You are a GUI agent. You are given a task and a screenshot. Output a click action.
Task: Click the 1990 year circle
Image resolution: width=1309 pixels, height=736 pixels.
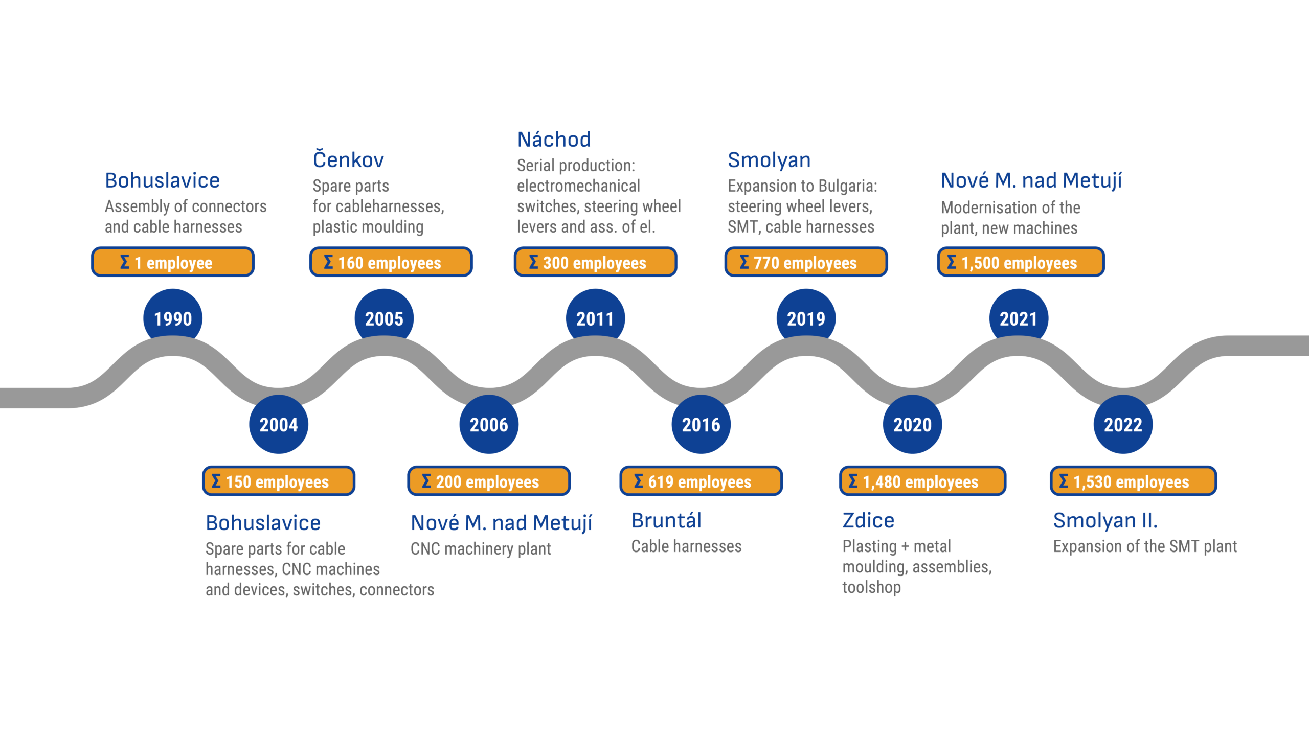[173, 318]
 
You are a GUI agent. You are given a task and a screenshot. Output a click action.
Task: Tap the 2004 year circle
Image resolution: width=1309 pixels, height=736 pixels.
[279, 424]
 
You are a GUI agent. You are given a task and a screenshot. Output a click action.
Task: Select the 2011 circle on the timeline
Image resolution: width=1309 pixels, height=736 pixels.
[595, 318]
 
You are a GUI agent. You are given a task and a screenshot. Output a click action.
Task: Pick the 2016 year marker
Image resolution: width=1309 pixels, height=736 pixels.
[701, 424]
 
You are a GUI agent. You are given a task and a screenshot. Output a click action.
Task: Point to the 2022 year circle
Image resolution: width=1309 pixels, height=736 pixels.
[1123, 424]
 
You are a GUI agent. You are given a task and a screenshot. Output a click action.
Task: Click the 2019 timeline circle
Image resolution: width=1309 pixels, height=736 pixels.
[806, 318]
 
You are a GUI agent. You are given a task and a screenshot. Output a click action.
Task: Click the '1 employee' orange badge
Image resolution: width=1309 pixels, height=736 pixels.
[173, 262]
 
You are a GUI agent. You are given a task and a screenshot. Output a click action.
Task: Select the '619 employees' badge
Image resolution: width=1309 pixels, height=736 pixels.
[701, 481]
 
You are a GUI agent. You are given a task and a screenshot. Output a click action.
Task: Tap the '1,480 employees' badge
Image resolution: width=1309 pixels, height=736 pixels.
[922, 481]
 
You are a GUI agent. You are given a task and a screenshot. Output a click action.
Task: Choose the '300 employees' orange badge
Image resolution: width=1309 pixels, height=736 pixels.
[595, 262]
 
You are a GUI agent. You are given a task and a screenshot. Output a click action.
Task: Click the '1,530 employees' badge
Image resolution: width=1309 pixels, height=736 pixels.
[1133, 481]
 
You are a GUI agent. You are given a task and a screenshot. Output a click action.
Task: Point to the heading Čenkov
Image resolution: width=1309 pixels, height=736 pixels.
[348, 160]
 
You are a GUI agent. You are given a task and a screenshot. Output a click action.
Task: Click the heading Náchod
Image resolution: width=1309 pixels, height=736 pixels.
[554, 140]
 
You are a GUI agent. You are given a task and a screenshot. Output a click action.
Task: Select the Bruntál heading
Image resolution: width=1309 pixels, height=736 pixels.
[666, 521]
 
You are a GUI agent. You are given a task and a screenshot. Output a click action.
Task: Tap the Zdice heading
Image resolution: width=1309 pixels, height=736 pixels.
[868, 521]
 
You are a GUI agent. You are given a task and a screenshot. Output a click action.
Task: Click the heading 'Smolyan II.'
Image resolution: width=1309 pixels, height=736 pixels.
[1105, 521]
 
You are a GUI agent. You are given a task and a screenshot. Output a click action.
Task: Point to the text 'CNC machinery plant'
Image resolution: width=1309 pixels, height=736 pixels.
[481, 549]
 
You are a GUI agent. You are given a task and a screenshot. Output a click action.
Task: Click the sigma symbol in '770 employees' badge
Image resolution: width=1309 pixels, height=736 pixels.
[744, 262]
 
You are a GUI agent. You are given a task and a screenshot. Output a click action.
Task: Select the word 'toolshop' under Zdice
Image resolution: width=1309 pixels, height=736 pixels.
[872, 587]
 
